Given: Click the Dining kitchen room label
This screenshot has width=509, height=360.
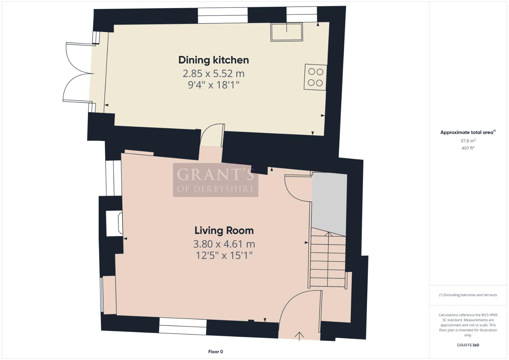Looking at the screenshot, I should click(213, 60).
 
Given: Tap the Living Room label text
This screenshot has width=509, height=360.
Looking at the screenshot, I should click(224, 231).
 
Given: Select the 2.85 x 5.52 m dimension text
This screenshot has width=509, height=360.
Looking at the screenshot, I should click(213, 73).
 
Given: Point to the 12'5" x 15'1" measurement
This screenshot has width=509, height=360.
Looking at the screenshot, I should click(224, 256).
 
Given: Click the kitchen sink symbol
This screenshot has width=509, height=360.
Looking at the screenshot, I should click(287, 32).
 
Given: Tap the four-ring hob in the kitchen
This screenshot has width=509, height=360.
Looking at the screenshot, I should click(315, 77).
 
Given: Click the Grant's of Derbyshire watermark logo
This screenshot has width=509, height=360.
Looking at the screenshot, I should click(215, 180).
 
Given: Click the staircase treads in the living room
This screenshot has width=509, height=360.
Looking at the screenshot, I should click(328, 260).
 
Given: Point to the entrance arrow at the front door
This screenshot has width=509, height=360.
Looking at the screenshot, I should click(299, 336).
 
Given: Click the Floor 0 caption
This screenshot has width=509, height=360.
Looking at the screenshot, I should click(215, 352).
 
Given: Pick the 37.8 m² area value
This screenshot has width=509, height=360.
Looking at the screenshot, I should click(468, 141).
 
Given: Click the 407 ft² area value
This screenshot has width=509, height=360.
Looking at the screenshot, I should click(468, 148).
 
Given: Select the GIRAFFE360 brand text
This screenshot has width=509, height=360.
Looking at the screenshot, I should click(468, 345).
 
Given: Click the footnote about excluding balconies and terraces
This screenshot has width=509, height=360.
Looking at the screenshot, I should click(468, 295).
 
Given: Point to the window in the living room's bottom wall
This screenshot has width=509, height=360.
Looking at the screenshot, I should click(182, 326).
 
